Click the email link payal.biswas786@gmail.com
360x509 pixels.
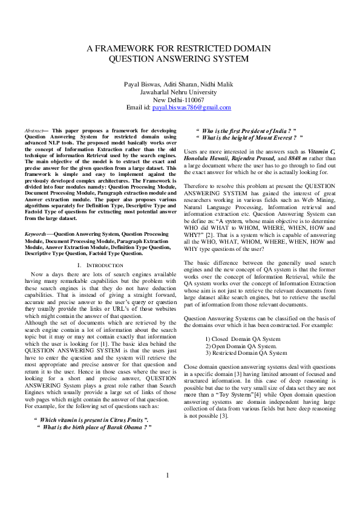click(x=191, y=108)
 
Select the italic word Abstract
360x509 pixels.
click(x=33, y=131)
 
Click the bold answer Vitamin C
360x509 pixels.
click(x=321, y=149)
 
